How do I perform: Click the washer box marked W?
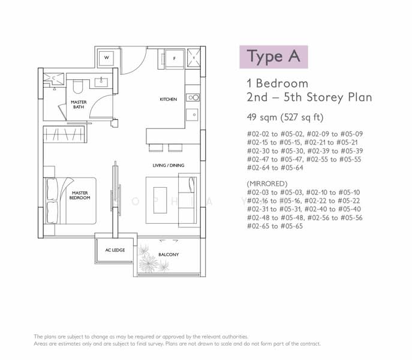[106, 58]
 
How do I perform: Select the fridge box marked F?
[174, 59]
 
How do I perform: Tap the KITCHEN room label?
[168, 99]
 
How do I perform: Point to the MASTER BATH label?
[79, 104]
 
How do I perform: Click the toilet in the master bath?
[76, 87]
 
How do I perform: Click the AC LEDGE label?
[115, 250]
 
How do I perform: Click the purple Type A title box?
[273, 57]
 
